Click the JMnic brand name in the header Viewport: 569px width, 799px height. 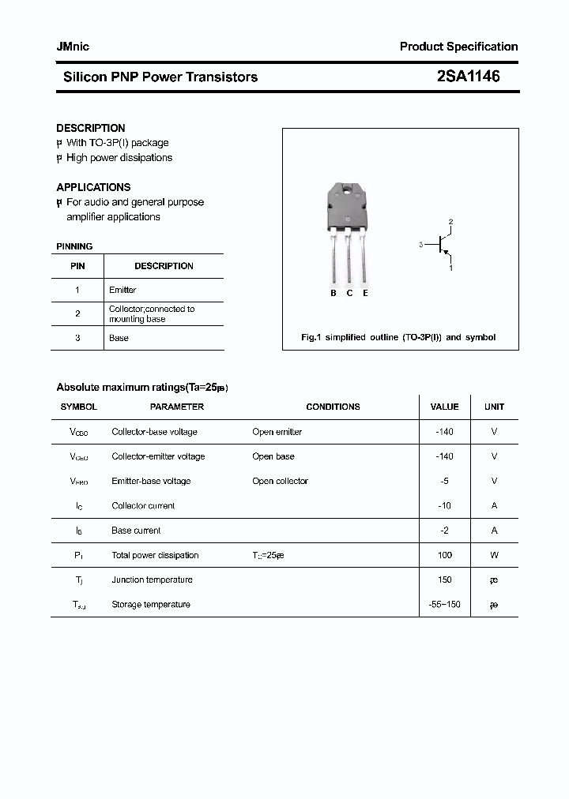click(73, 47)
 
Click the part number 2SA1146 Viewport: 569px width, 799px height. click(468, 77)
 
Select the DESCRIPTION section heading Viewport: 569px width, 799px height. click(91, 128)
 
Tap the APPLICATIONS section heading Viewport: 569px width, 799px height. click(93, 187)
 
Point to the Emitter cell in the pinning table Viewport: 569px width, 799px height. click(122, 290)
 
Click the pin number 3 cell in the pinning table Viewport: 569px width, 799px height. click(77, 338)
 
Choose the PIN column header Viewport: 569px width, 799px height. click(77, 266)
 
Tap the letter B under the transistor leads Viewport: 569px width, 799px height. click(333, 293)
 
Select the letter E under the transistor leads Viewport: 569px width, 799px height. click(365, 293)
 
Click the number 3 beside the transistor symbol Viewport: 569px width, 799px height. click(421, 245)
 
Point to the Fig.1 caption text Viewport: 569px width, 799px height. click(398, 337)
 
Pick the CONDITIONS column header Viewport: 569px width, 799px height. click(333, 407)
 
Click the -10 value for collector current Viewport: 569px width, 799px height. click(444, 505)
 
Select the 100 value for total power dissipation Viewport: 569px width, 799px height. click(444, 555)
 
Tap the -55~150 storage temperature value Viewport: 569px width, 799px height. click(444, 604)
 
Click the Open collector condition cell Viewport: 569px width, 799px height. click(280, 481)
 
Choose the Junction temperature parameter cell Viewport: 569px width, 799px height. click(152, 580)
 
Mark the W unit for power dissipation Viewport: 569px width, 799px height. click(494, 555)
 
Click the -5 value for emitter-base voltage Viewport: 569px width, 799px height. click(444, 481)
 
